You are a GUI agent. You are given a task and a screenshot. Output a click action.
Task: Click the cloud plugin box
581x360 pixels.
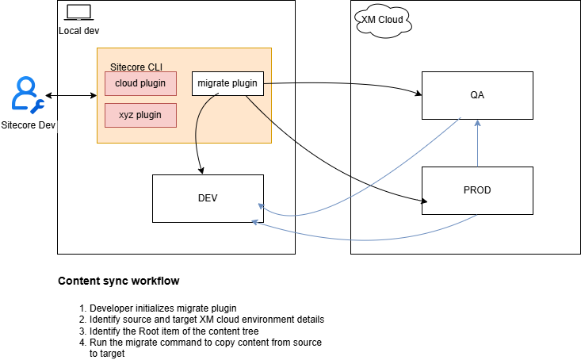pos(140,83)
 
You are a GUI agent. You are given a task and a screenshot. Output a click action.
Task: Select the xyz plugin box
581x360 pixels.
pos(140,115)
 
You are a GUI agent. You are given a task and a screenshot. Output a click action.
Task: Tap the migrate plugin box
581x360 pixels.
pos(227,83)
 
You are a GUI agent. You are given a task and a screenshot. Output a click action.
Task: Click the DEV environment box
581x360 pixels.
pos(208,198)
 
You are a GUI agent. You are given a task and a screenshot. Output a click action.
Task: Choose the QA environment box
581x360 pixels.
pos(476,95)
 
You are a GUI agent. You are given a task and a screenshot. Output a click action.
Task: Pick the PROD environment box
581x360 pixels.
pos(476,190)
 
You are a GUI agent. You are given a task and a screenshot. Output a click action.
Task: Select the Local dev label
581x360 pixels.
pos(79,30)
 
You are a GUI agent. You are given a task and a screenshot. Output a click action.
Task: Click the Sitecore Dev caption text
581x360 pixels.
pos(29,124)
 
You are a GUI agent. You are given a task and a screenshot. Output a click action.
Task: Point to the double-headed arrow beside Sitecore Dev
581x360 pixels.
pos(71,96)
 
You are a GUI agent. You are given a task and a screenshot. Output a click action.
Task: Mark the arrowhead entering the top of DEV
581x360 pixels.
pos(202,170)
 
